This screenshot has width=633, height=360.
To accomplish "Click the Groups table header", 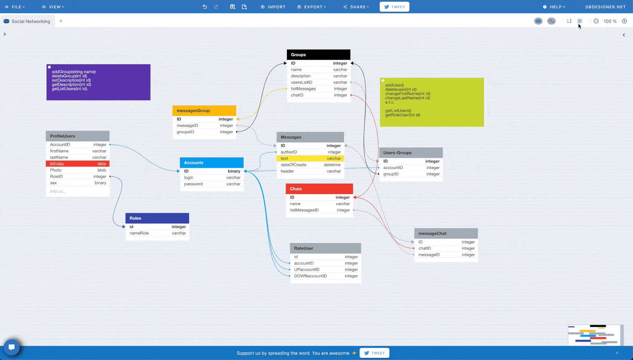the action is pos(318,55).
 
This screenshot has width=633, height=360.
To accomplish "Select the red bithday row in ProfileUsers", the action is pos(78,164).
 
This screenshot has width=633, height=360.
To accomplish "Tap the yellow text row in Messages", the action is pos(310,159).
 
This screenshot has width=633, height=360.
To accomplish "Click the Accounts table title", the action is pos(194,163).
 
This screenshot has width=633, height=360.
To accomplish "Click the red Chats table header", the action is pos(319,189).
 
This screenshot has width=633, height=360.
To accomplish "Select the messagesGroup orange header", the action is pos(204,111).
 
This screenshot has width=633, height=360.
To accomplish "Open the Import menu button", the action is pos(273,7).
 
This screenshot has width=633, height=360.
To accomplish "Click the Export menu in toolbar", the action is pos(312,7).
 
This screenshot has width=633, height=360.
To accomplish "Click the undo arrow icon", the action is pos(205,7).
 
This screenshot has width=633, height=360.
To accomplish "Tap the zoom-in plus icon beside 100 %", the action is pos(624,21).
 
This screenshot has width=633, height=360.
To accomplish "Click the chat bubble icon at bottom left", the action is pos(11,347).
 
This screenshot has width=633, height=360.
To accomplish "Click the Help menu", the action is pos(554,7).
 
